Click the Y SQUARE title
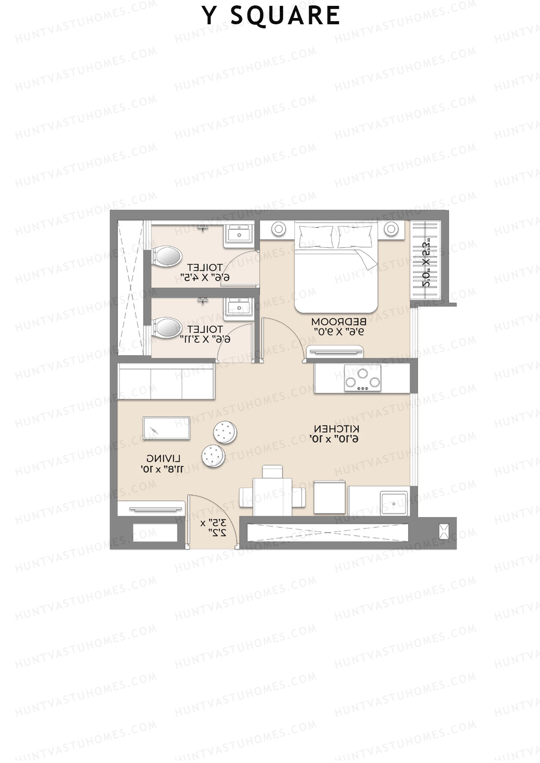(x=270, y=16)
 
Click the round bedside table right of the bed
(x=390, y=229)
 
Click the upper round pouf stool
(x=225, y=432)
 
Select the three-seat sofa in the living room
(x=166, y=381)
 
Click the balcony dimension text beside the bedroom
(x=428, y=263)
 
